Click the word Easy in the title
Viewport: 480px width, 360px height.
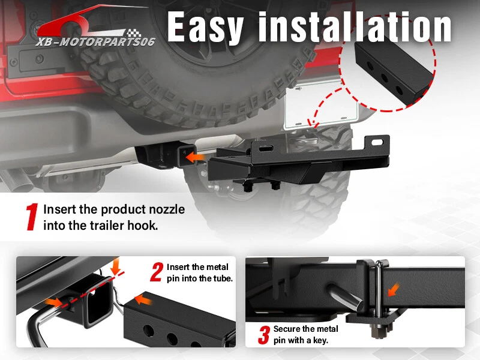[x=205, y=28]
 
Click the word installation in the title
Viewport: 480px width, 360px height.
[x=355, y=27]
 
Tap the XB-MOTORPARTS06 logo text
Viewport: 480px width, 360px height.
[x=95, y=41]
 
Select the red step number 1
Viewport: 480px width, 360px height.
[x=32, y=217]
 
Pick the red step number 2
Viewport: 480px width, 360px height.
[x=157, y=272]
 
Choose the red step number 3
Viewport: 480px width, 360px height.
[x=264, y=335]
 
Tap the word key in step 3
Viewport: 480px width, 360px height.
[x=320, y=340]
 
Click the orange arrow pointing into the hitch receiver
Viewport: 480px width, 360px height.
[x=196, y=157]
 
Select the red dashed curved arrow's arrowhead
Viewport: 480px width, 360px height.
[x=313, y=123]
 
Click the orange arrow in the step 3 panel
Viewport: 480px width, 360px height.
[x=394, y=290]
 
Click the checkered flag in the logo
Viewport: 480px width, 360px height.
[x=134, y=33]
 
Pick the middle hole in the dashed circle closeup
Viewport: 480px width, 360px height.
[x=384, y=78]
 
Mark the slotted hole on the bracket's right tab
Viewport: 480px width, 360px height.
[x=377, y=142]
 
